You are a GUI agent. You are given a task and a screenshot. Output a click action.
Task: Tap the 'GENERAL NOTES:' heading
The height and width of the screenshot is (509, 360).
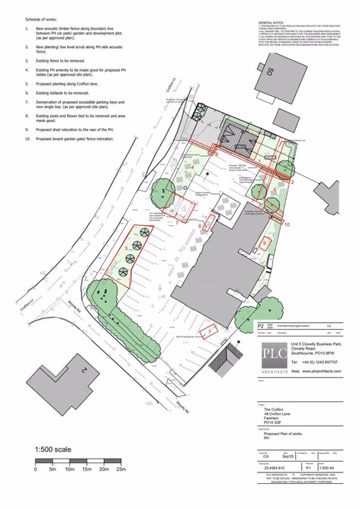click(x=274, y=24)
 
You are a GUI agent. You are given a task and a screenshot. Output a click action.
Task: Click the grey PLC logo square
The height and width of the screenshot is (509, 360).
click(x=271, y=353)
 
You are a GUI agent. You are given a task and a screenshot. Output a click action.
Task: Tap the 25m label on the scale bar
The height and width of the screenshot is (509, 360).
click(x=120, y=469)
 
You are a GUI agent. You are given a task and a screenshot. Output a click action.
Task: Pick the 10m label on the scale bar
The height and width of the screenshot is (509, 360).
click(x=69, y=469)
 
